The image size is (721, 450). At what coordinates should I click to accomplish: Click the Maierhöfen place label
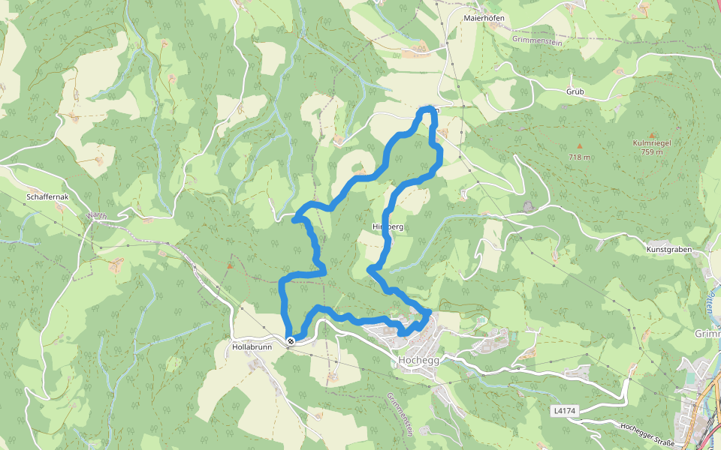(x=483, y=17)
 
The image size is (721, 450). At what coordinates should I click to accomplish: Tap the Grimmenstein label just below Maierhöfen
(x=537, y=40)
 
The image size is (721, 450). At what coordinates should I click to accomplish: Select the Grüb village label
(x=575, y=91)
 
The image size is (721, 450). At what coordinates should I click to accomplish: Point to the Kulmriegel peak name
(x=652, y=142)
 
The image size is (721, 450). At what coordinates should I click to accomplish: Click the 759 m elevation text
(x=652, y=152)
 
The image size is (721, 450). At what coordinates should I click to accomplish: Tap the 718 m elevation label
(x=579, y=157)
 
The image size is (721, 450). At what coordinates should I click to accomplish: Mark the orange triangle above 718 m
(x=579, y=145)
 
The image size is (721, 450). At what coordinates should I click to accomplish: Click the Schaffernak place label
(x=47, y=196)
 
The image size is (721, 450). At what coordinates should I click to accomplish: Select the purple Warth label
(x=96, y=216)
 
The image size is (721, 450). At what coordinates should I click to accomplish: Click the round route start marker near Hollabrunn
(x=291, y=341)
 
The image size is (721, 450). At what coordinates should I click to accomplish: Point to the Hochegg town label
(x=418, y=360)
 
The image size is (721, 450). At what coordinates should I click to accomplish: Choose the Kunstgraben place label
(x=668, y=248)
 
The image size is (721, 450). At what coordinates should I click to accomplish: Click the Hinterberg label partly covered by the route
(x=388, y=226)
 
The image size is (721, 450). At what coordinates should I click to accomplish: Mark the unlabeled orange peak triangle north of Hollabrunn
(x=230, y=265)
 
